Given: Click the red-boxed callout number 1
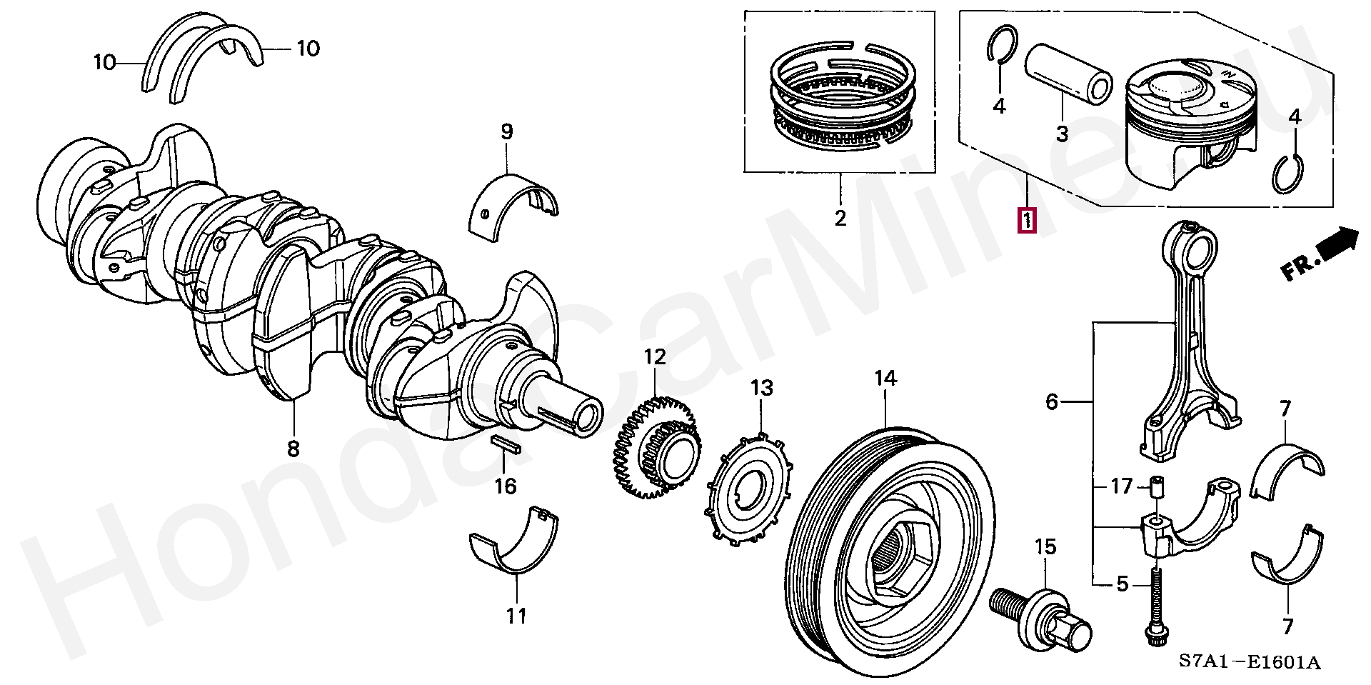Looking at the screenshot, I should (1027, 220).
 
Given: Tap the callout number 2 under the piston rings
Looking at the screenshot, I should (840, 218).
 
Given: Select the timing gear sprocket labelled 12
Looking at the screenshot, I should (656, 450).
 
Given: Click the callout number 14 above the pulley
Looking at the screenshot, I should (885, 379).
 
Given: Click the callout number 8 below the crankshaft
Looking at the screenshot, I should (293, 449).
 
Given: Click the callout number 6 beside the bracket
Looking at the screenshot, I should (1051, 403).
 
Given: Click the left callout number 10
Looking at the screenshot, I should (104, 63).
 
